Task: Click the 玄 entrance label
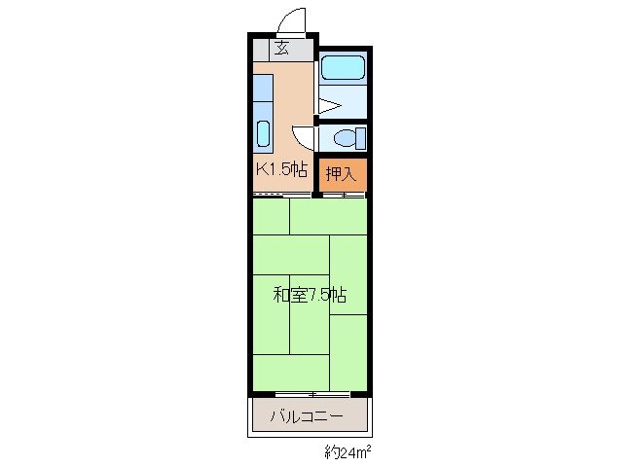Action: click(x=282, y=49)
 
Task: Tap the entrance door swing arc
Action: click(x=288, y=19)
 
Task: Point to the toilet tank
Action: click(x=360, y=137)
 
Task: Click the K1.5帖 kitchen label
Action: click(x=281, y=170)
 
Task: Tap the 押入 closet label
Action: click(x=341, y=175)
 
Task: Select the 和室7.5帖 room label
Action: click(x=310, y=294)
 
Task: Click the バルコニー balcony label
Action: click(x=311, y=416)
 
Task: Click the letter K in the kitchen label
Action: click(x=261, y=170)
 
